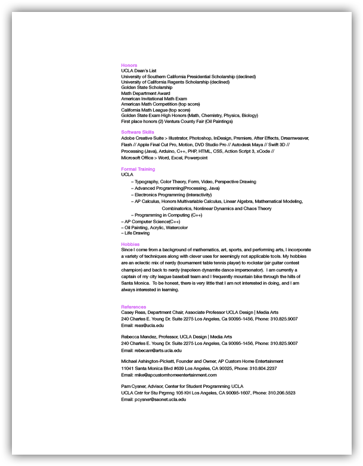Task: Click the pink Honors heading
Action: click(x=129, y=65)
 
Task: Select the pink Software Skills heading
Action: click(x=137, y=131)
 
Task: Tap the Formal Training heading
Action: click(x=138, y=169)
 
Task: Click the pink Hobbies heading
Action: click(x=130, y=244)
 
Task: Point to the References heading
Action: click(x=134, y=307)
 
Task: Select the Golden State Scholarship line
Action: click(x=146, y=88)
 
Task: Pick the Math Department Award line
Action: click(x=145, y=93)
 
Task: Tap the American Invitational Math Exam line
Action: click(x=154, y=98)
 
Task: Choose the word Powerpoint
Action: click(x=196, y=158)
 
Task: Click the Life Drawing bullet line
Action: click(x=136, y=233)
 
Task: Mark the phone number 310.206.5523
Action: click(x=283, y=393)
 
